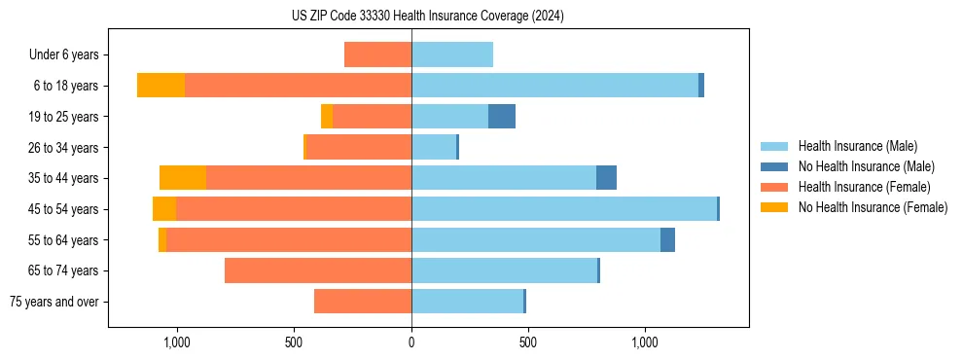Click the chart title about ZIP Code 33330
(427, 17)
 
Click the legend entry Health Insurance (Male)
(857, 146)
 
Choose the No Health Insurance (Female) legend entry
(873, 207)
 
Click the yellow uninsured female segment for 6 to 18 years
(160, 86)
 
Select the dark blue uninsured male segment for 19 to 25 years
(502, 117)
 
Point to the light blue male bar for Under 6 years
(452, 55)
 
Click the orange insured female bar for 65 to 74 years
(318, 270)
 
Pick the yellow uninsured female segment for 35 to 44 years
(183, 178)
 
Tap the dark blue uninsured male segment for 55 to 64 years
(667, 239)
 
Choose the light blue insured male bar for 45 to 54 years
(564, 209)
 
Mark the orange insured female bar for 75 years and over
(363, 302)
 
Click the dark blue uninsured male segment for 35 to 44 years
(606, 178)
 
